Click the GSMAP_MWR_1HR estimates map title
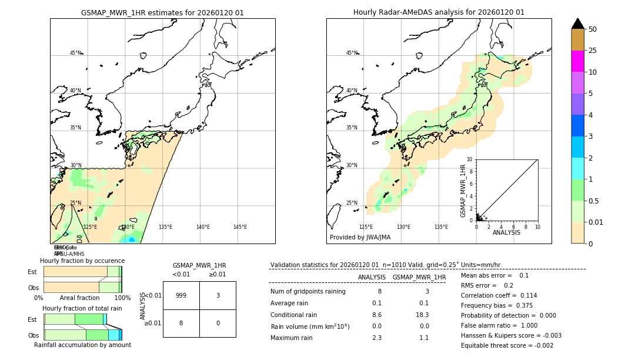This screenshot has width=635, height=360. (x=162, y=12)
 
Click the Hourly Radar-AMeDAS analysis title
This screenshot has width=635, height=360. (x=439, y=12)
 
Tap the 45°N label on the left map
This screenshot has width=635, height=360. (x=75, y=53)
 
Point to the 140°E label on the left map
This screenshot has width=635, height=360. (x=203, y=227)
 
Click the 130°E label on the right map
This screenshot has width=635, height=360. (x=403, y=227)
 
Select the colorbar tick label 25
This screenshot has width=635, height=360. (x=593, y=51)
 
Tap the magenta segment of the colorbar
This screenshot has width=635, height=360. (x=577, y=61)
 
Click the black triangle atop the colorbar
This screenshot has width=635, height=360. (x=577, y=24)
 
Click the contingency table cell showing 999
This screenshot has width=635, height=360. (x=181, y=295)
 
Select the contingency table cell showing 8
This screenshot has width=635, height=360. (x=181, y=323)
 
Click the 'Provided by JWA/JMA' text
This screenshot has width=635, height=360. (x=360, y=237)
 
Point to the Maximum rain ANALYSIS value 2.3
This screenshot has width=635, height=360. (x=376, y=338)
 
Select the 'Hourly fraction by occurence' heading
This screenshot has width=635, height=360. (x=82, y=261)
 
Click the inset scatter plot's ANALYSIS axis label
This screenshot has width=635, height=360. (x=507, y=232)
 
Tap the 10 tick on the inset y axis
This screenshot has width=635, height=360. (x=469, y=159)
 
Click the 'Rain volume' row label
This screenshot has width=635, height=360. (x=310, y=326)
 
